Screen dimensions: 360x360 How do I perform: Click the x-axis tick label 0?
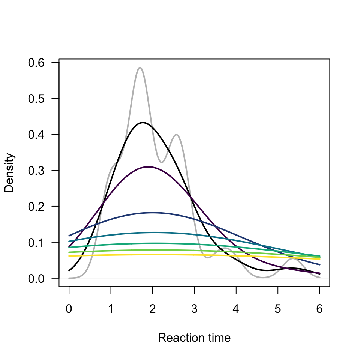pos(69,309)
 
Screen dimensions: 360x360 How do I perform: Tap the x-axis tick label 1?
pos(111,309)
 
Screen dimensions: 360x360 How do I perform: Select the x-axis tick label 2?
pos(153,309)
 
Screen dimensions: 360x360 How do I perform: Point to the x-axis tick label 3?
pos(194,309)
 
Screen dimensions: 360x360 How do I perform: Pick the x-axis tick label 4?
pos(236,309)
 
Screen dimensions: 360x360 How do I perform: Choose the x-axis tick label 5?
pos(278,309)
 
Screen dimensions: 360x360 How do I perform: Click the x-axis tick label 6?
pos(319,309)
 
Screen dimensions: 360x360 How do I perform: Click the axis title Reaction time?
pos(194,338)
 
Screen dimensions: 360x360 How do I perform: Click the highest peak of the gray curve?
pos(140,67)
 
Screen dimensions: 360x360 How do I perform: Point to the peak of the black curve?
pos(142,123)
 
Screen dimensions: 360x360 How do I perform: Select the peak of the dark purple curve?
pos(148,166)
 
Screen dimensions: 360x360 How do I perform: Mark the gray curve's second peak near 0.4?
pos(176,135)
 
